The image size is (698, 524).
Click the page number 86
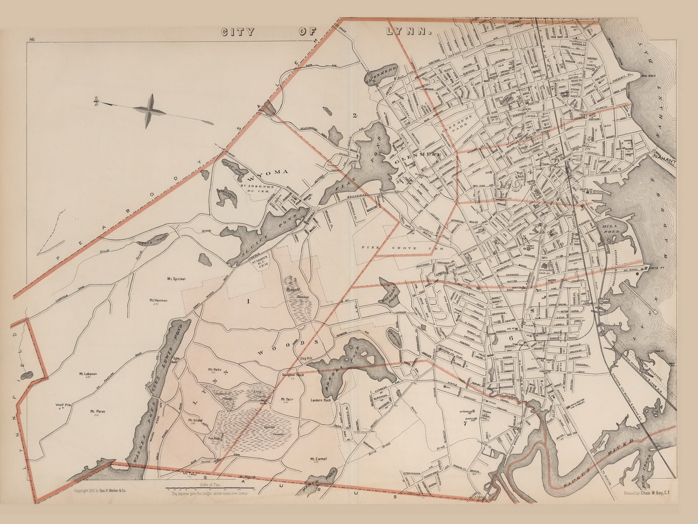click(31, 40)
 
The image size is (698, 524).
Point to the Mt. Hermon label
click(159, 300)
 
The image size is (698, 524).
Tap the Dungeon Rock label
click(293, 375)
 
